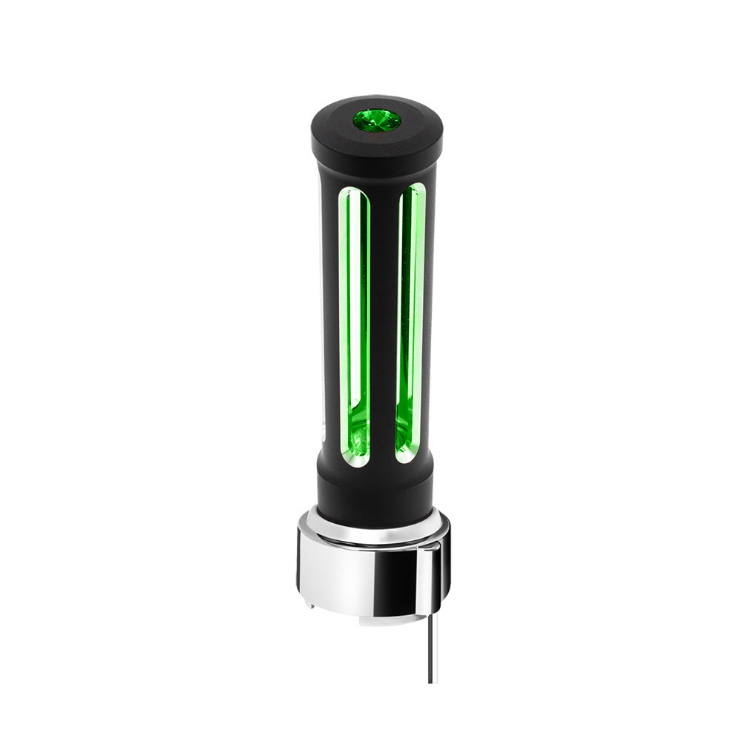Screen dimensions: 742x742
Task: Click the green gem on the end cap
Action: coord(376,120)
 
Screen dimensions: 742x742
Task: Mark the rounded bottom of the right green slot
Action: coord(407,456)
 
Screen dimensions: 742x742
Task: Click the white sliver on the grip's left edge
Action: coord(323,430)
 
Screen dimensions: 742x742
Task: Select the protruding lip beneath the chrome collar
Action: coord(371,618)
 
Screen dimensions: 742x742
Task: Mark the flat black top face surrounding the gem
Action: coord(341,119)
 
